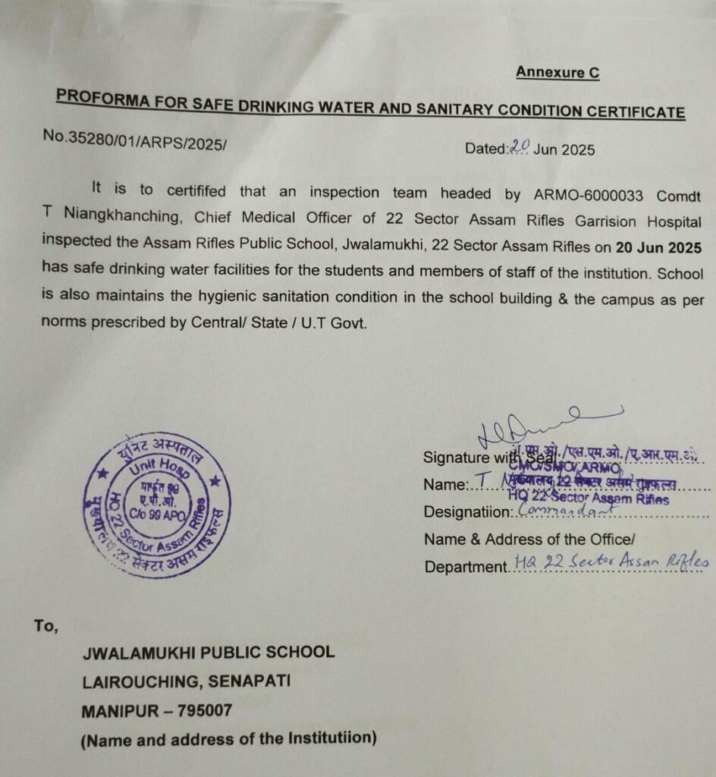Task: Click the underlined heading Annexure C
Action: click(557, 72)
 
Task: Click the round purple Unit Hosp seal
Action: click(157, 505)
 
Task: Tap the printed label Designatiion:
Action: click(469, 511)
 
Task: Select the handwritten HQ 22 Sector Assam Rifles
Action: click(611, 562)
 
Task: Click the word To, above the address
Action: click(46, 626)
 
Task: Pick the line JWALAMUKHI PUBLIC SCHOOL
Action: click(208, 652)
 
